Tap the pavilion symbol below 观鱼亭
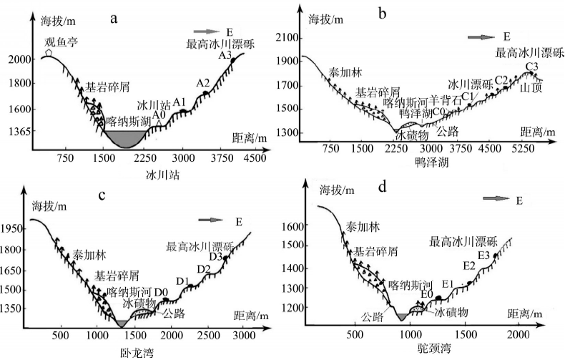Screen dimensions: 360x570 48,53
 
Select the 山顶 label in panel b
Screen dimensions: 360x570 531,87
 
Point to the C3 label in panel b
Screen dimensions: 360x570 532,67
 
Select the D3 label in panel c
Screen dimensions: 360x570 215,256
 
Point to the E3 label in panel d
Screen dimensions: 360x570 483,255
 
